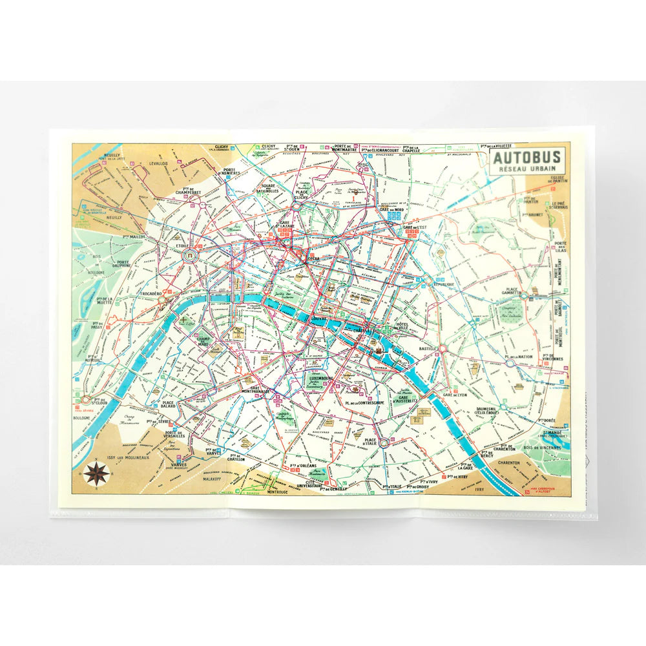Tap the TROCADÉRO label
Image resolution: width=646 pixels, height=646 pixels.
pos(151,293)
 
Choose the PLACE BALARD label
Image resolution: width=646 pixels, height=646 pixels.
pos(169,406)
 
